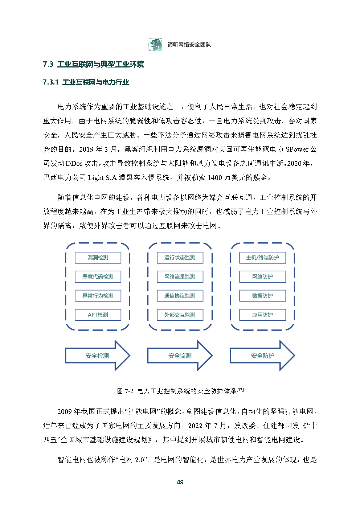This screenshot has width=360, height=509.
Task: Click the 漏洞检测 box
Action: click(x=98, y=258)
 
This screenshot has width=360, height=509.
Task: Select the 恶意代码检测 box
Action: click(x=98, y=277)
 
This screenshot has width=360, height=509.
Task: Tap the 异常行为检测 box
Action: click(x=98, y=296)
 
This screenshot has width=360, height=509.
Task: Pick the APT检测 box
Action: click(x=98, y=315)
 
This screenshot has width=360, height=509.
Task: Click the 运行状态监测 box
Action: click(x=180, y=258)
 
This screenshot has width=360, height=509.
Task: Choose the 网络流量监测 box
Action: click(x=180, y=277)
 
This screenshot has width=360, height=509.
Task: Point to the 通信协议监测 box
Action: click(x=180, y=296)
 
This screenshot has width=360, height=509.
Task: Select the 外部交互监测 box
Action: click(x=180, y=315)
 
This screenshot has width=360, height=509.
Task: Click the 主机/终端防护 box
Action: click(x=262, y=258)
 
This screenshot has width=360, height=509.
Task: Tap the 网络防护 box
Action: click(x=262, y=277)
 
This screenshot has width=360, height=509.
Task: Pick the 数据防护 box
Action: click(x=262, y=296)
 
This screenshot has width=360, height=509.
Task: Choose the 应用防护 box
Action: click(x=262, y=315)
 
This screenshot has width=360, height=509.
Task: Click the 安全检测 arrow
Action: click(x=97, y=356)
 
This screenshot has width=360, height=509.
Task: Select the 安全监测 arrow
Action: click(x=180, y=356)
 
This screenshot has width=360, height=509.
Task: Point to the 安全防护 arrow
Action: click(x=262, y=356)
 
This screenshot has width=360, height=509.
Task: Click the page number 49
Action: click(x=180, y=482)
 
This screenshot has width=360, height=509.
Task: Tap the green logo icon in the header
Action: click(x=155, y=45)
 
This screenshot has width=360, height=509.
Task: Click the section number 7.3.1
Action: click(x=50, y=82)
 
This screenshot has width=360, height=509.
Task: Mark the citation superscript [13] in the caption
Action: click(x=240, y=390)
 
